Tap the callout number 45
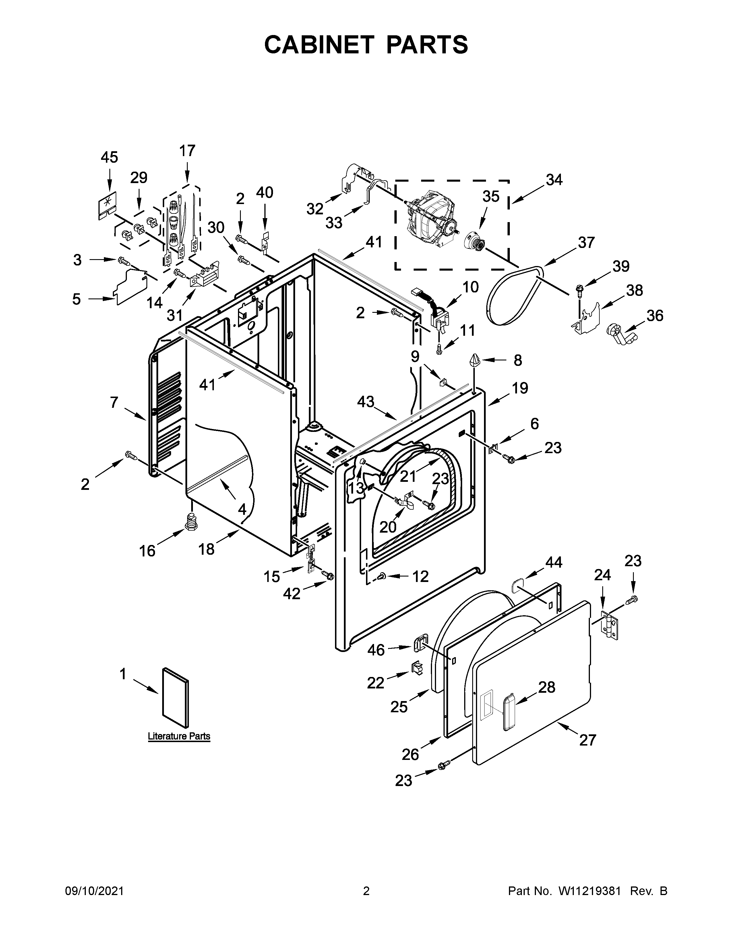(109, 157)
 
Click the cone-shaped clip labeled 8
(475, 361)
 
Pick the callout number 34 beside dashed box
(554, 180)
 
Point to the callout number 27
(588, 740)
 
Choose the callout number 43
(365, 402)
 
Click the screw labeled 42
(328, 576)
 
